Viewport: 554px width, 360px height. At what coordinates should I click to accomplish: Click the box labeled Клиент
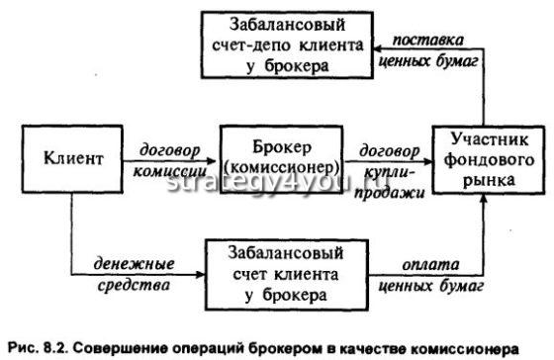click(x=69, y=156)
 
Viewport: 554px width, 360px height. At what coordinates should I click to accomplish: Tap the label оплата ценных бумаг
click(x=428, y=275)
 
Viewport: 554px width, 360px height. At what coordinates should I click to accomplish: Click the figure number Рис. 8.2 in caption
click(x=36, y=345)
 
